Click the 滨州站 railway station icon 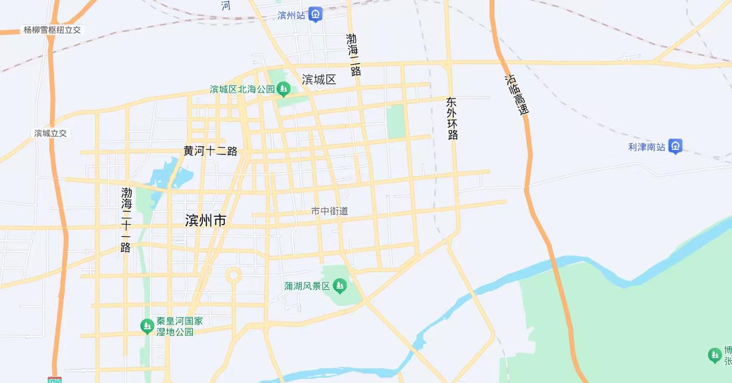click(x=316, y=15)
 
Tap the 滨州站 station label click(x=291, y=15)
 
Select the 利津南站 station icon click(x=675, y=146)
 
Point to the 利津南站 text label click(x=647, y=147)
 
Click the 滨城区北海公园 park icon click(x=283, y=89)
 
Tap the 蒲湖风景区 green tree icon click(x=340, y=285)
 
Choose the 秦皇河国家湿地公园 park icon click(x=147, y=326)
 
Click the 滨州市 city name click(x=206, y=221)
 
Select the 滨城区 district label click(x=319, y=79)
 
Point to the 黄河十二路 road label click(x=210, y=151)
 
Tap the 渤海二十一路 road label click(x=126, y=220)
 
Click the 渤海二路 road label click(x=353, y=55)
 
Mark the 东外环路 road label click(x=452, y=118)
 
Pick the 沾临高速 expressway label click(x=515, y=95)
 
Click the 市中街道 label click(x=329, y=211)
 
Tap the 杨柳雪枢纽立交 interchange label click(x=53, y=30)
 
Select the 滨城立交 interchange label click(x=50, y=133)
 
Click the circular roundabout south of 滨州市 click(x=233, y=276)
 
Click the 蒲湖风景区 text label click(x=307, y=285)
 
